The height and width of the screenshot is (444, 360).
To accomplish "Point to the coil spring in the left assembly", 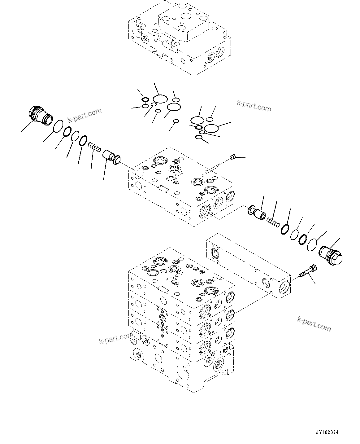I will coord(94,147).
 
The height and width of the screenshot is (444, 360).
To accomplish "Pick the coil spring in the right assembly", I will coord(273,221).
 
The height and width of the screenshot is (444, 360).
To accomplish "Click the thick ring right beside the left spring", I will coord(83,141).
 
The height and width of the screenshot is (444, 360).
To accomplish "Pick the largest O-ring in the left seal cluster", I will coord(160,99).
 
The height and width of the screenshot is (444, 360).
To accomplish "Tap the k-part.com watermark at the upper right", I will coord(254,106).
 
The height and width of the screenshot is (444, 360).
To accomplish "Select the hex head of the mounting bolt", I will coord(313,267).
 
